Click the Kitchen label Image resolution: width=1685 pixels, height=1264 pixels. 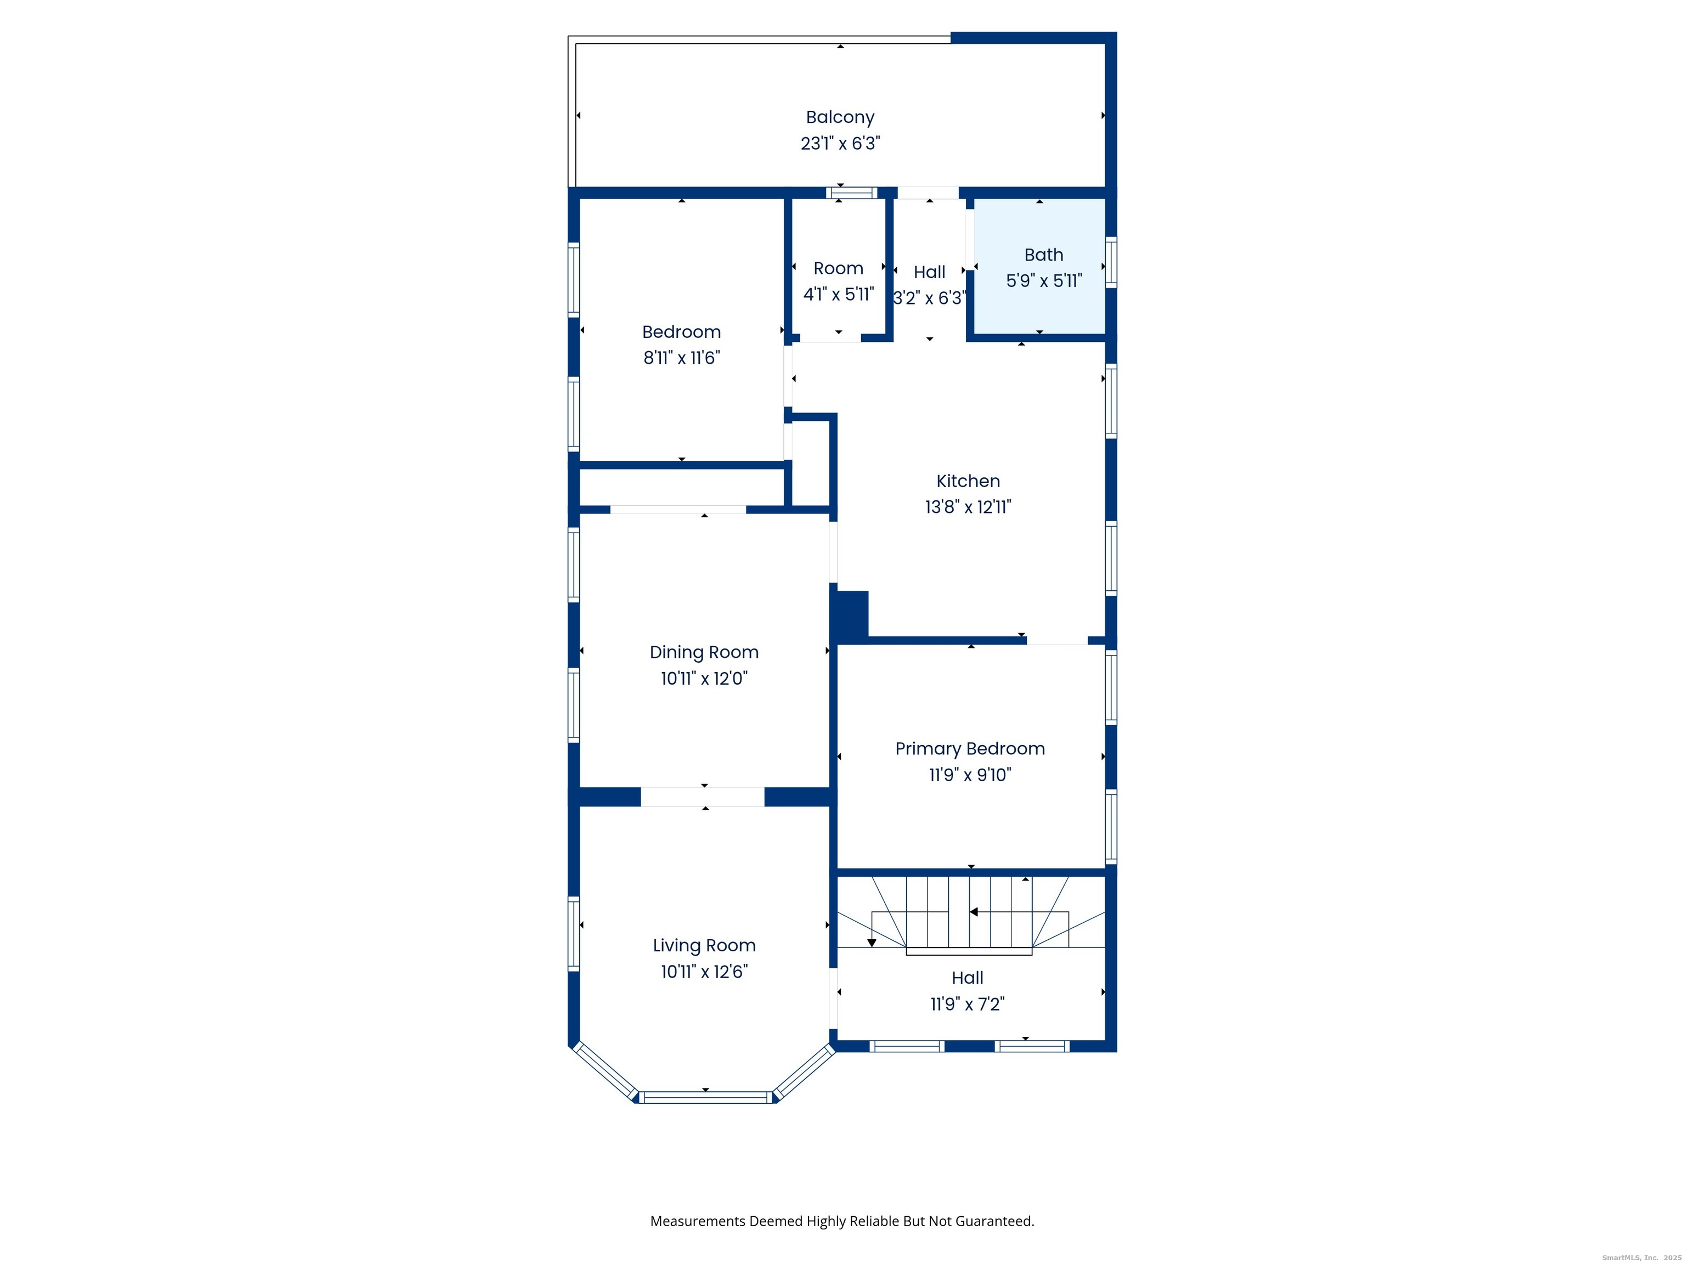pyautogui.click(x=968, y=481)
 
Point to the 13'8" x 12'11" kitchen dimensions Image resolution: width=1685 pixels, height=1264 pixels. pyautogui.click(x=968, y=507)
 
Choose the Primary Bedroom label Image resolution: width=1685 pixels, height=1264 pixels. pyautogui.click(x=969, y=748)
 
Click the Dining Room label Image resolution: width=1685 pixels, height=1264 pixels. pyautogui.click(x=703, y=652)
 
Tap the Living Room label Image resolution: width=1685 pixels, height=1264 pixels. pyautogui.click(x=703, y=945)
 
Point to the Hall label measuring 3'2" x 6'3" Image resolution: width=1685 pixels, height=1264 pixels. pyautogui.click(x=929, y=272)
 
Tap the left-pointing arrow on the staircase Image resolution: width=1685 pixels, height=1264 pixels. pyautogui.click(x=974, y=912)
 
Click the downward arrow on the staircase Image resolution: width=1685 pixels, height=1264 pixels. pyautogui.click(x=872, y=943)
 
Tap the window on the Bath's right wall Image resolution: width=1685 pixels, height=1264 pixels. pyautogui.click(x=1111, y=262)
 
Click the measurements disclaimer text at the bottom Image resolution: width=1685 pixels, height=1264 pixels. pyautogui.click(x=842, y=1221)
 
